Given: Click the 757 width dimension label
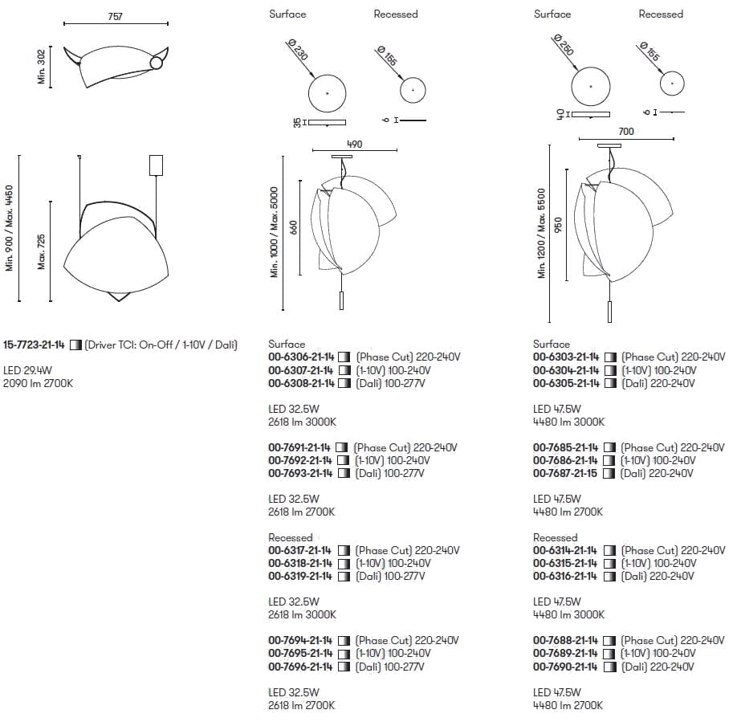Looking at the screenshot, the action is (x=116, y=17).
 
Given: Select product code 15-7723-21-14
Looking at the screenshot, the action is (x=34, y=345).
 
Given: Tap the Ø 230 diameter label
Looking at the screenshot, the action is (x=298, y=50).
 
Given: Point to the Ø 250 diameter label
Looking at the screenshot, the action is (x=564, y=45).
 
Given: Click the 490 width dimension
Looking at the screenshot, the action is (x=354, y=145).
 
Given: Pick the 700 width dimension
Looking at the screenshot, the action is (x=626, y=132).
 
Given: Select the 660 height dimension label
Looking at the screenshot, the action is (x=294, y=227).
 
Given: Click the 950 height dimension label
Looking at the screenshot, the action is (x=558, y=225).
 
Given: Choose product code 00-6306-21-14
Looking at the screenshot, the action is (x=301, y=357).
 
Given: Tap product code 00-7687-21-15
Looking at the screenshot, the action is (x=565, y=473).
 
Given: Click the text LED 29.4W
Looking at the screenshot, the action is (x=27, y=370).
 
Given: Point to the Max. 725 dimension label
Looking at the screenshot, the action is (x=41, y=251).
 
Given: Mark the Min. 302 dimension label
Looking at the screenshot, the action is (x=41, y=67).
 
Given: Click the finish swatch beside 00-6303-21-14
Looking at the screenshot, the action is (x=610, y=357).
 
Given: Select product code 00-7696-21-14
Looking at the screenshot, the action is (x=300, y=667).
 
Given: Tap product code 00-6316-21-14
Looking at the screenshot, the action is (x=565, y=576).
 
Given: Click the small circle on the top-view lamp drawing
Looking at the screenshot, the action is (x=157, y=63).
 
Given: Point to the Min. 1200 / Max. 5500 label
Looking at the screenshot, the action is (x=541, y=233).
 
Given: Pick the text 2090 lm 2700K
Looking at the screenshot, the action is (x=39, y=383).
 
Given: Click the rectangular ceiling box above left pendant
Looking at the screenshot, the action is (x=156, y=165).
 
